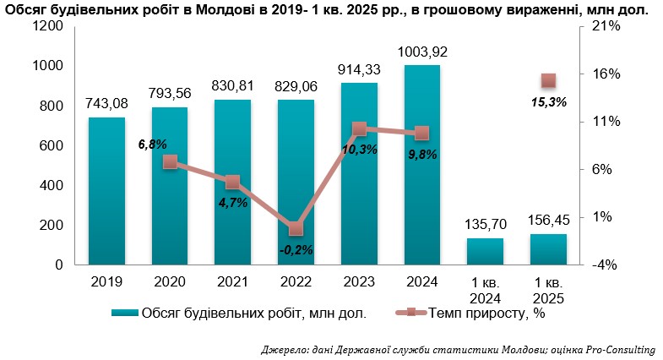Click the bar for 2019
(x=106, y=191)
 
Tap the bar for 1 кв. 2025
(x=547, y=249)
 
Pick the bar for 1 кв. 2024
(x=485, y=251)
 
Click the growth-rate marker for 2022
(x=296, y=229)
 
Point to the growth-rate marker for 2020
(x=170, y=161)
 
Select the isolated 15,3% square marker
(x=548, y=81)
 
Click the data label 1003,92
(x=421, y=52)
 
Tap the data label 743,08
(x=106, y=104)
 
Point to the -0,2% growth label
(x=296, y=249)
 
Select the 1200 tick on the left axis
(x=49, y=26)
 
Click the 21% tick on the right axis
(x=607, y=26)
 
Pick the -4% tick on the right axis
(x=607, y=265)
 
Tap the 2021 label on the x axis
(x=232, y=281)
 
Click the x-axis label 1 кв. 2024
(x=485, y=290)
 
